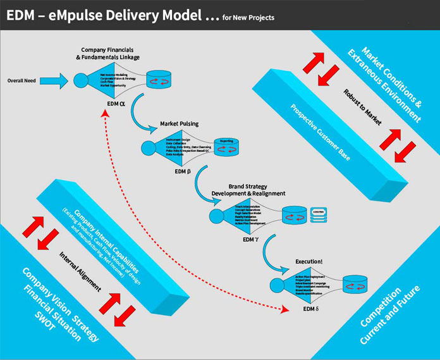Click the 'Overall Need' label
click(x=21, y=80)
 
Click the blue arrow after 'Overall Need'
click(x=56, y=80)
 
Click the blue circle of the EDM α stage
click(x=81, y=80)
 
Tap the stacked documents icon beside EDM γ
click(x=320, y=216)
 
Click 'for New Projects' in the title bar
click(x=248, y=18)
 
